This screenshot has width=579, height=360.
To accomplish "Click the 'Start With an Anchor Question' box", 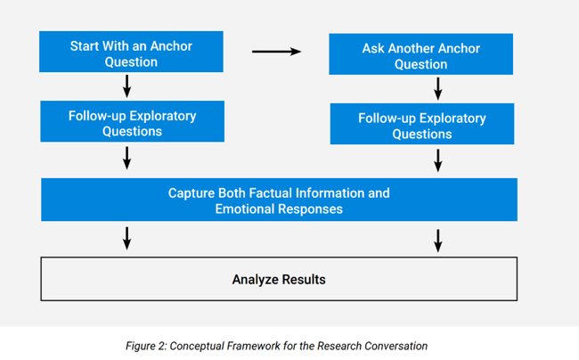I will [x=131, y=53].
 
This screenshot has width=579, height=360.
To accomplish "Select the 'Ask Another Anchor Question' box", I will [x=420, y=55].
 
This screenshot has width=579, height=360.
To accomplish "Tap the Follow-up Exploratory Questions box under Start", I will [x=132, y=122].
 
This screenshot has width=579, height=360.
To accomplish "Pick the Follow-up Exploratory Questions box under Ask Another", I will [x=421, y=125].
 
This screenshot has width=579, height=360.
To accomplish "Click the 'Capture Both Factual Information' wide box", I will [x=279, y=200].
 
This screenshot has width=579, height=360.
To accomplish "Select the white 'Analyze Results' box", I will [x=279, y=279].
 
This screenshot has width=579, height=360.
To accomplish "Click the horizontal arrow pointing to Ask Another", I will [x=276, y=52].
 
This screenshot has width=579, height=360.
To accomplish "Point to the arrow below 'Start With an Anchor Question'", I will [x=127, y=86].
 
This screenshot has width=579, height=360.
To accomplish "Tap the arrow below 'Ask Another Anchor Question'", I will [x=437, y=88].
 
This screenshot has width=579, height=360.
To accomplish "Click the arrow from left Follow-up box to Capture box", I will [x=127, y=158].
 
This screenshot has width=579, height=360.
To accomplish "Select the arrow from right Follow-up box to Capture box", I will [x=437, y=160].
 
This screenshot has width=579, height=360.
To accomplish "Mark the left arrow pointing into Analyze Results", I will [x=127, y=238].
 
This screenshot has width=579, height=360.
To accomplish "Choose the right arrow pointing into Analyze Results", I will [x=437, y=240].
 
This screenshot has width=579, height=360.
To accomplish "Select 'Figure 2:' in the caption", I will [x=149, y=346].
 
